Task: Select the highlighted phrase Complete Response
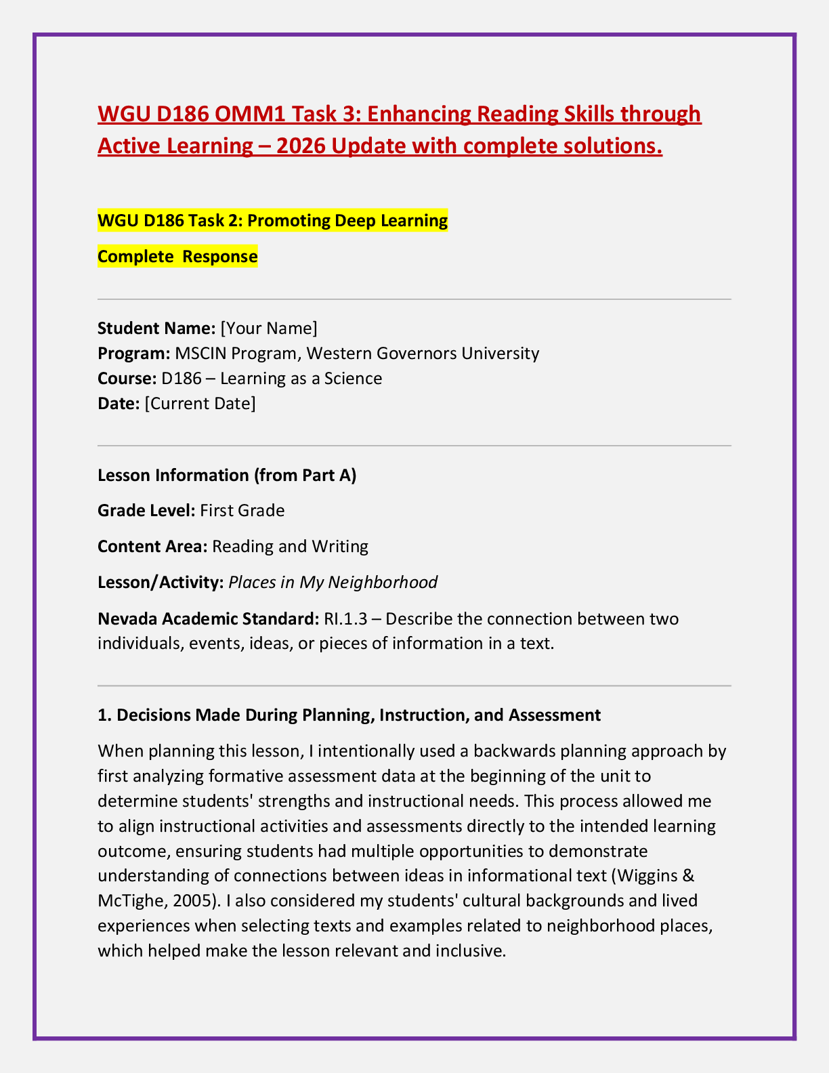point(177,257)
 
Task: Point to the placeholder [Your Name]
point(269,329)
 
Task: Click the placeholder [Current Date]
point(200,404)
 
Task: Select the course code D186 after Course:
point(181,379)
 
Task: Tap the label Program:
point(133,354)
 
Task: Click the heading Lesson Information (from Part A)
point(227,476)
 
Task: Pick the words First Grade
point(242,510)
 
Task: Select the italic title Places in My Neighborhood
point(333,583)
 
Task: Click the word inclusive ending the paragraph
point(471,951)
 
